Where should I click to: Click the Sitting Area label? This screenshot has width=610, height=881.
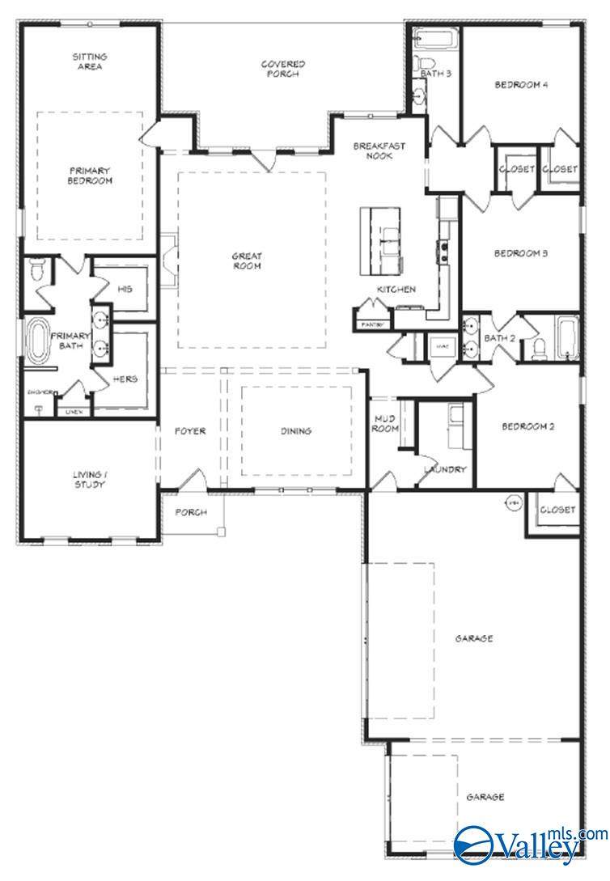(x=90, y=62)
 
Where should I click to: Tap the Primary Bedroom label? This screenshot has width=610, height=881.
(x=90, y=176)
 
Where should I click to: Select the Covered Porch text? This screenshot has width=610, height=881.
(x=282, y=69)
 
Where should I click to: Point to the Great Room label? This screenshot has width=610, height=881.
(x=248, y=260)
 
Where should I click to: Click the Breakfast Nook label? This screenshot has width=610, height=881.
(x=379, y=150)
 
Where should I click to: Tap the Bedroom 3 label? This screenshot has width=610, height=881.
(x=521, y=253)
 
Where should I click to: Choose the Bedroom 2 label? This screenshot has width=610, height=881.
(x=527, y=427)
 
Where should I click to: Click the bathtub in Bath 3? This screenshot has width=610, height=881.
(x=436, y=39)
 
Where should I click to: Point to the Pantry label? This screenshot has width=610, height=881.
(x=371, y=325)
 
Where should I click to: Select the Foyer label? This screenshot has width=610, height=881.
(x=190, y=431)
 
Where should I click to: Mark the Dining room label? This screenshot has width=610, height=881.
(x=296, y=431)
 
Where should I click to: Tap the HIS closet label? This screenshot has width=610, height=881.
(x=125, y=289)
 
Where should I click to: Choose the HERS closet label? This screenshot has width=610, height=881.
(x=125, y=379)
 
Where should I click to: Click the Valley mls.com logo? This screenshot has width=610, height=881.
(x=530, y=845)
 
